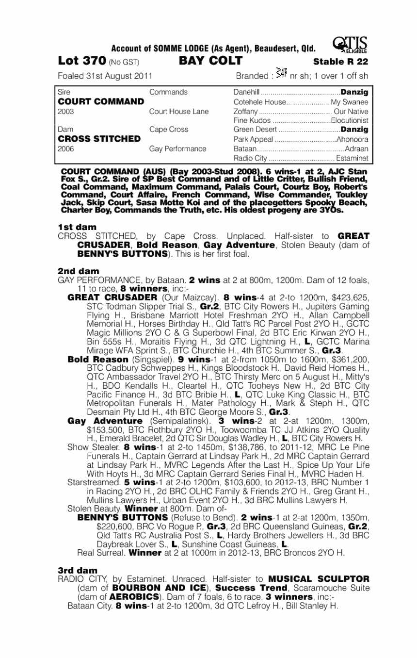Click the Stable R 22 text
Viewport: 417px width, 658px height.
point(341,62)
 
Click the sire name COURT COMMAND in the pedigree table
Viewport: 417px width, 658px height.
point(101,101)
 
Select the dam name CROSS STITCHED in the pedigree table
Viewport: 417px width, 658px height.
point(99,139)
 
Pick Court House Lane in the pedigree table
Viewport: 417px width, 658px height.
point(179,111)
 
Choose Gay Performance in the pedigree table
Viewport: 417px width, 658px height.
point(178,149)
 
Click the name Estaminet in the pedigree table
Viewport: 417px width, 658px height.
point(352,158)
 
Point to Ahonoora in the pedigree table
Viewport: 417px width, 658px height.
point(353,139)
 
